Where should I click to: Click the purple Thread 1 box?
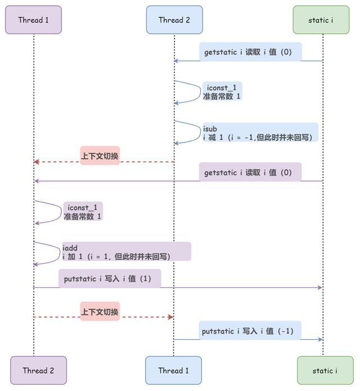(33, 20)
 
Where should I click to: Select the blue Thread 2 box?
(174, 20)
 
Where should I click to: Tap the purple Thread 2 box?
(38, 370)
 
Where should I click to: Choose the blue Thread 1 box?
(173, 370)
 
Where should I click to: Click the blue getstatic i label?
(250, 52)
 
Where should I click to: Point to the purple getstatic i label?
(250, 172)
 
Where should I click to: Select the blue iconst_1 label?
(222, 92)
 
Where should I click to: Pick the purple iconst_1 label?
(83, 212)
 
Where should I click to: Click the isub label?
(260, 133)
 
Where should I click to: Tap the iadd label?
(127, 251)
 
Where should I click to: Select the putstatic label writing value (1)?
(109, 278)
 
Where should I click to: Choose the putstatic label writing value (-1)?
(250, 331)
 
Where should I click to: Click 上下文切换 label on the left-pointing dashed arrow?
(100, 156)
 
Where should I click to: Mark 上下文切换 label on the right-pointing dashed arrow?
(100, 311)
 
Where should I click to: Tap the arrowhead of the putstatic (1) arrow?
(319, 287)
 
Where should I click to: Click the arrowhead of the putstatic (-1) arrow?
(319, 339)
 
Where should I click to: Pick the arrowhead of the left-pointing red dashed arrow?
(37, 162)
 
